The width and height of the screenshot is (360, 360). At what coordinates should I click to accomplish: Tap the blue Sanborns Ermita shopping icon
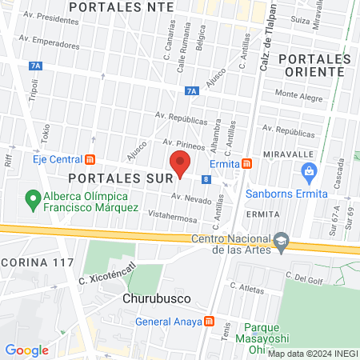(x=309, y=170)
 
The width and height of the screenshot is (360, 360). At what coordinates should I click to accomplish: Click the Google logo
(x=27, y=350)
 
